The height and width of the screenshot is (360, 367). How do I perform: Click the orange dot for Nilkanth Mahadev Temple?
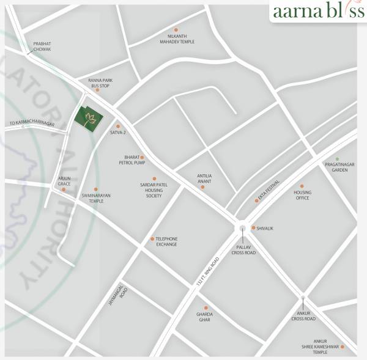176,29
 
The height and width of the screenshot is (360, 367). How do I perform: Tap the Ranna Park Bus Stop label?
100,83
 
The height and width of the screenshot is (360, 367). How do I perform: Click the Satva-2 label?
118,133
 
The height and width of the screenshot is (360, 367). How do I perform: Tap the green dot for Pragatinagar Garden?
336,159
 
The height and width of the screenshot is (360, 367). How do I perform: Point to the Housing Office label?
302,195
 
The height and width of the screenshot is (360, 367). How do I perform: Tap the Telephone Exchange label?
166,241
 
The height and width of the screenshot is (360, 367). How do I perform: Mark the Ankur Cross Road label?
303,316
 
